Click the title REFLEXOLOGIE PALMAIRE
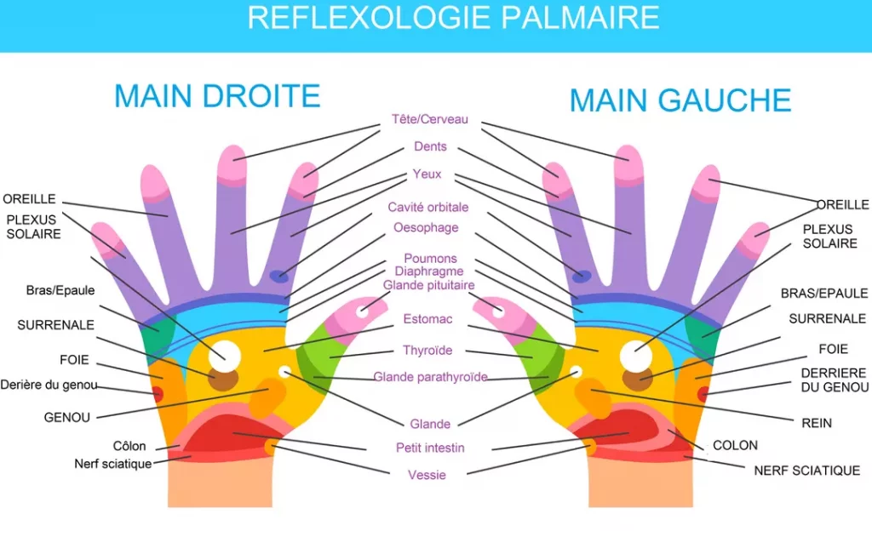452,18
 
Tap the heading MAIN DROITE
217,95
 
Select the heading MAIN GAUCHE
680,100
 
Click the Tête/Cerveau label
429,120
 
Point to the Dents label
429,147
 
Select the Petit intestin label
430,448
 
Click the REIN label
817,423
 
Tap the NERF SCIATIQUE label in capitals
806,471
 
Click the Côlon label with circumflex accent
129,446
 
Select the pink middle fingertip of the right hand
232,163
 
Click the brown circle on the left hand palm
636,379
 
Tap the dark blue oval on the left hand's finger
582,276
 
